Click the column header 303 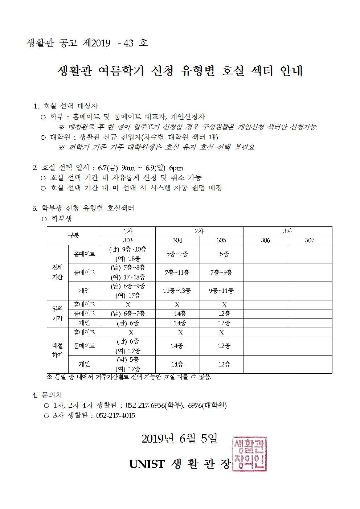(x=128, y=241)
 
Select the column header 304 (x=177, y=241)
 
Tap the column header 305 (x=221, y=241)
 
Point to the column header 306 (x=266, y=241)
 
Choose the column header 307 (x=310, y=241)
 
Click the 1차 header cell (x=128, y=231)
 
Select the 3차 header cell (x=287, y=231)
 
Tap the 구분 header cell (x=74, y=235)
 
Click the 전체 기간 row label (x=57, y=272)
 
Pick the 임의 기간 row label (x=57, y=313)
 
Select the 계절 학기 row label (x=57, y=350)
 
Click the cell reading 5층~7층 (x=177, y=254)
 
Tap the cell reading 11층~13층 (x=177, y=291)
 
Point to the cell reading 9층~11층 (x=221, y=291)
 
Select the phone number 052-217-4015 (x=116, y=416)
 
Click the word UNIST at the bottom (x=147, y=464)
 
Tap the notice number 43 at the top (x=128, y=43)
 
